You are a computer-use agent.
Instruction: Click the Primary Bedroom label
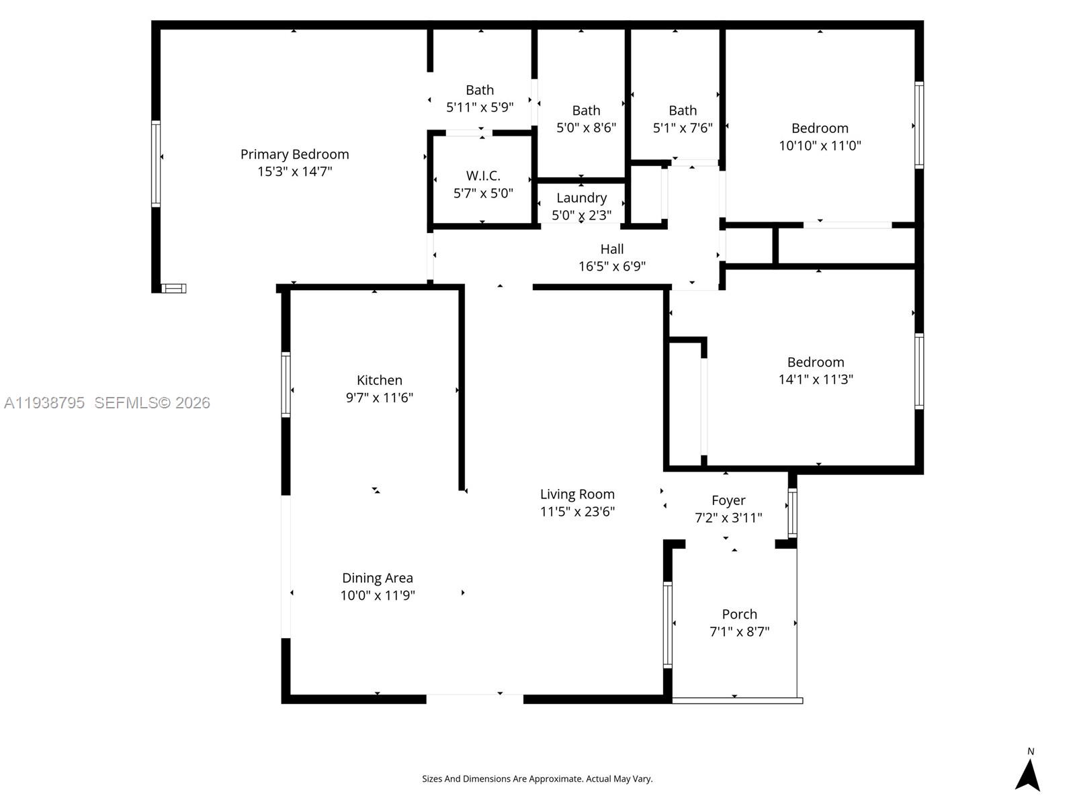(294, 154)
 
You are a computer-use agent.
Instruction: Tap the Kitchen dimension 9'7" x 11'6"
(379, 398)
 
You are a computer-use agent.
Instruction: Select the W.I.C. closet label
(483, 176)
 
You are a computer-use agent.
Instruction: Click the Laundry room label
(581, 198)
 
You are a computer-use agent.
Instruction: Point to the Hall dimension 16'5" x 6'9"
(611, 267)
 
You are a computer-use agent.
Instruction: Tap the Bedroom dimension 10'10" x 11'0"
(820, 146)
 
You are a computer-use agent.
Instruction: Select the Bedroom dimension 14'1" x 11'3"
(816, 379)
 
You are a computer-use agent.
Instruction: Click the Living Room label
(577, 494)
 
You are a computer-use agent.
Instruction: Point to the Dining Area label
(377, 578)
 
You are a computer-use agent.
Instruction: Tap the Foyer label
(728, 500)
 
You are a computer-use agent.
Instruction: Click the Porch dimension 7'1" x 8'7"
(739, 632)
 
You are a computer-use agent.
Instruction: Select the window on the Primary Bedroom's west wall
(156, 163)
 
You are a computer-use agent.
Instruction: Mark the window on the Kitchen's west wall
(286, 385)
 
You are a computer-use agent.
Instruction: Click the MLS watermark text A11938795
(44, 403)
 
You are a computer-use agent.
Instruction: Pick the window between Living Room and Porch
(667, 624)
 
